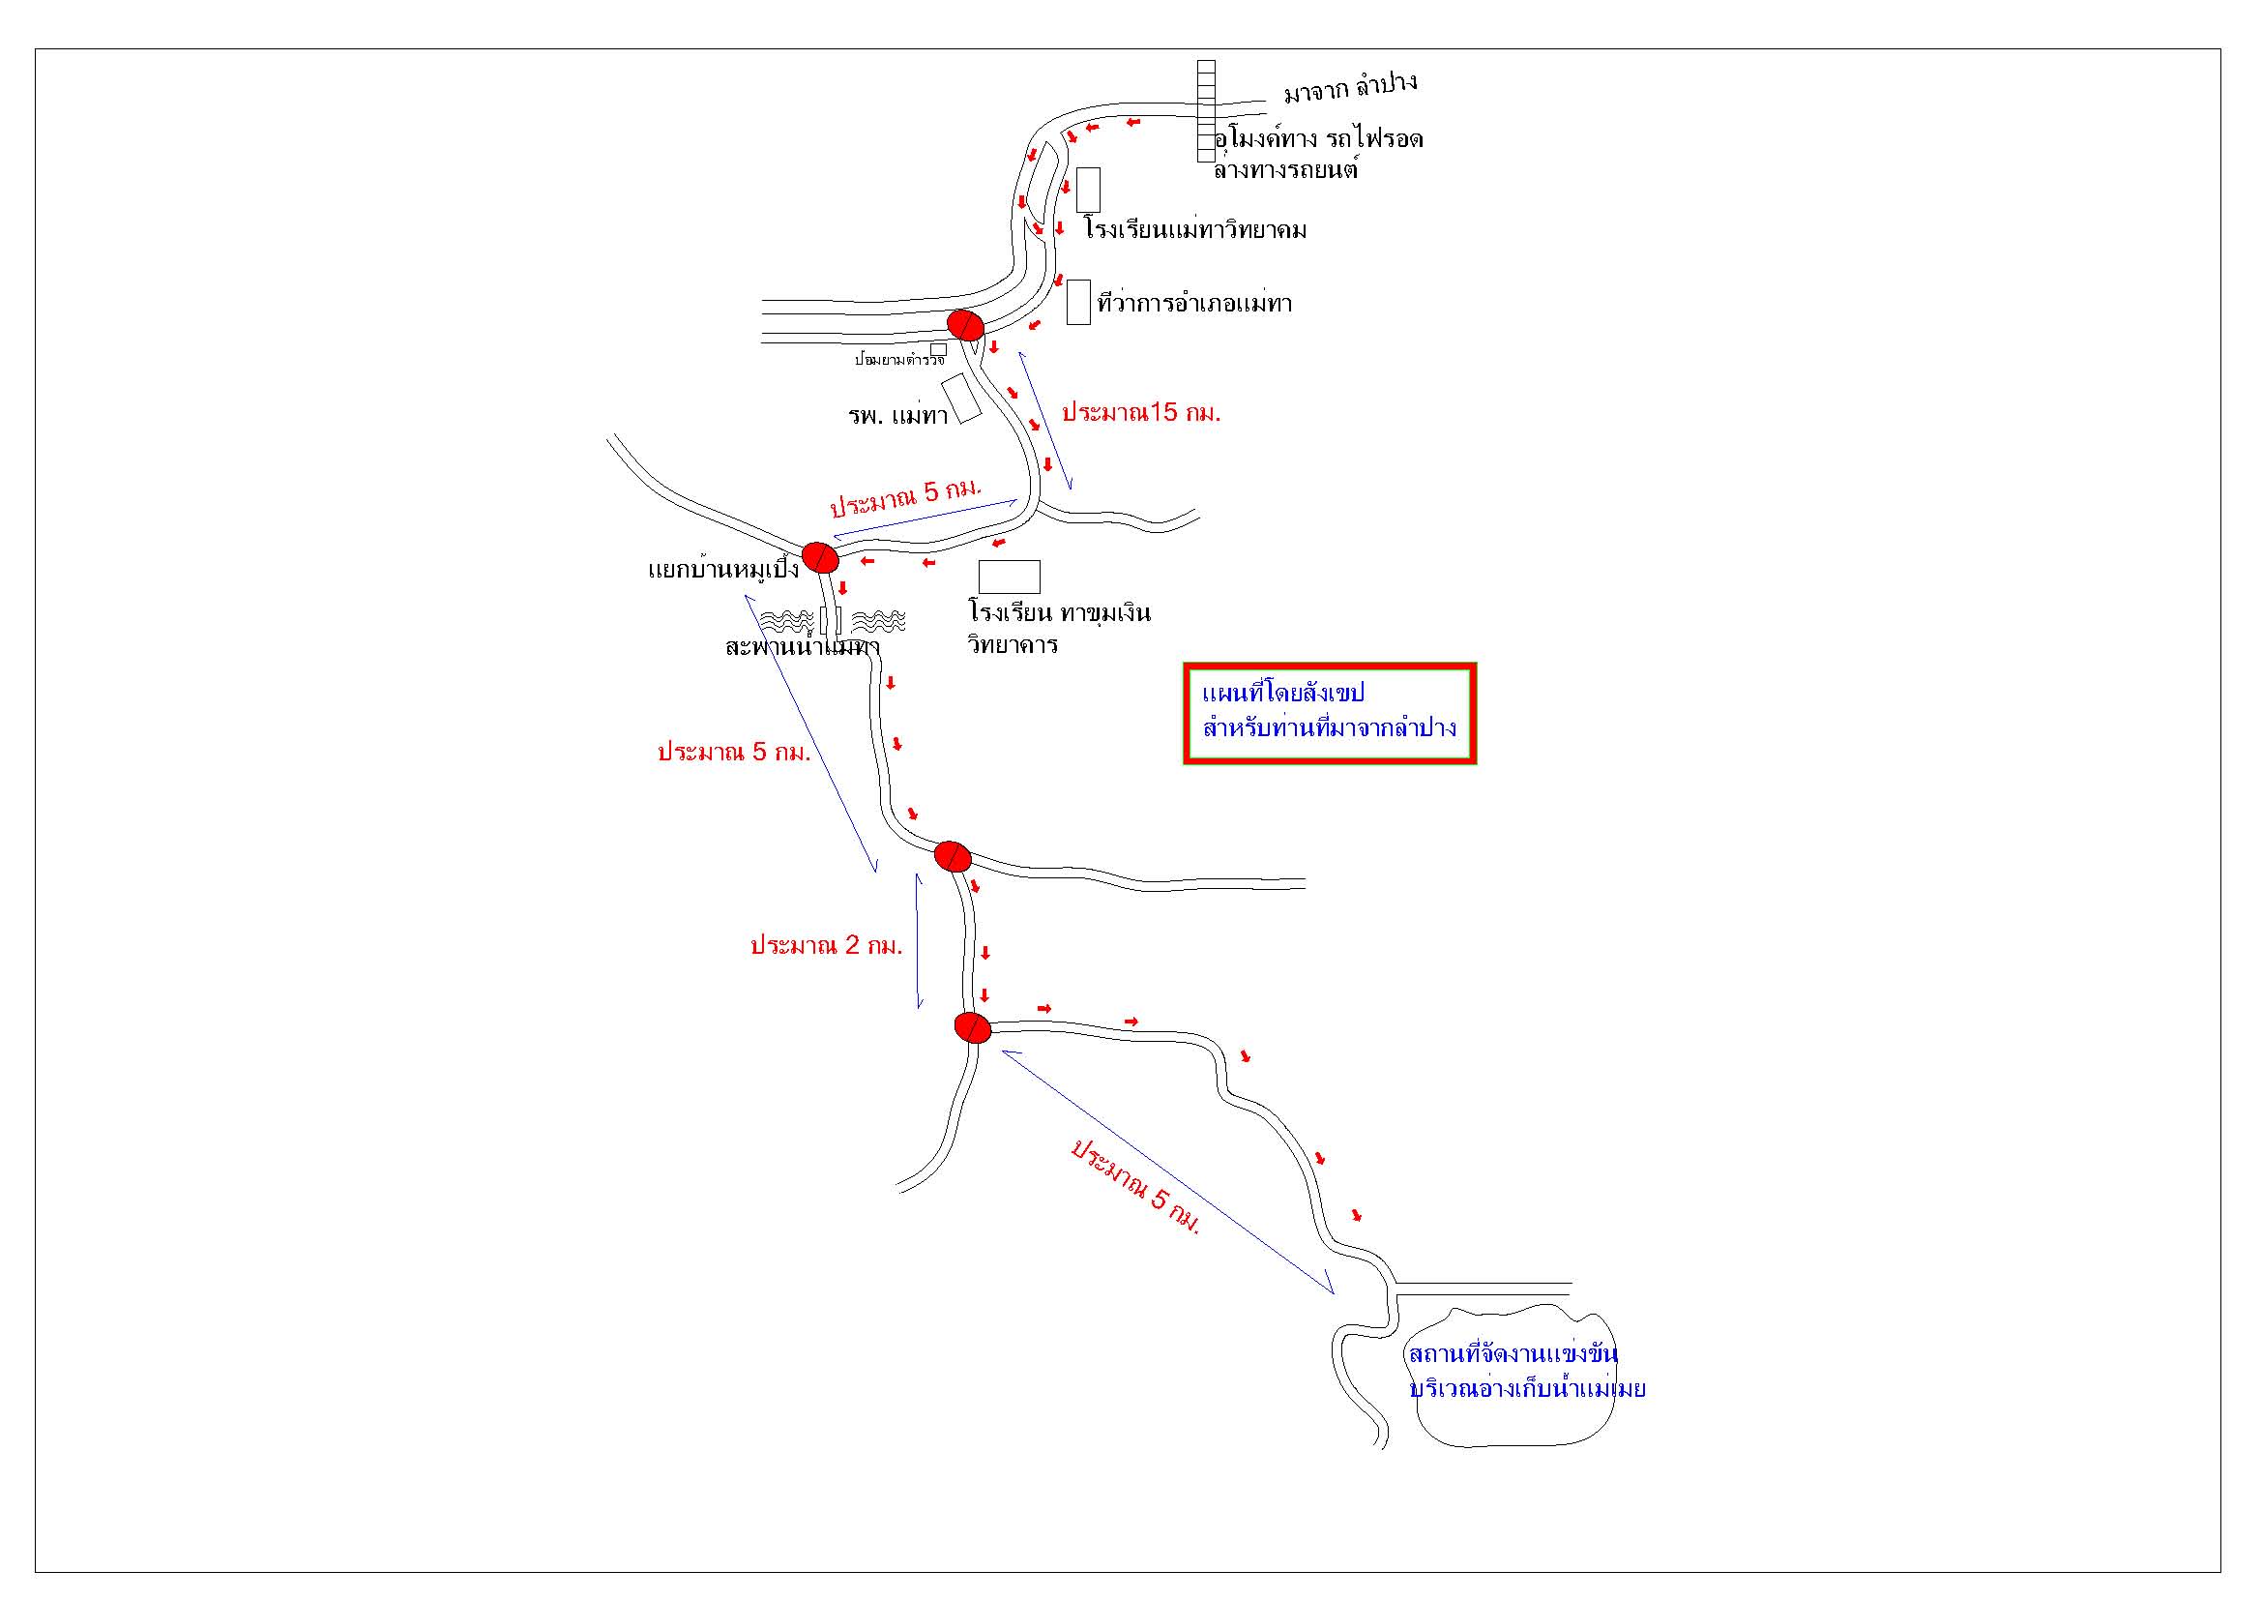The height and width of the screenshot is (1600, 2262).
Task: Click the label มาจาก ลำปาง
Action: (1350, 87)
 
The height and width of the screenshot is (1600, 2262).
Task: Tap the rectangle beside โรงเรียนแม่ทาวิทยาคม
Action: (1088, 190)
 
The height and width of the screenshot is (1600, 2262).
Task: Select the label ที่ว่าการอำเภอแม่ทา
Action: (1194, 304)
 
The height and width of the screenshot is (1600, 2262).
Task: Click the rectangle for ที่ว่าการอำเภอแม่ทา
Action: (1079, 302)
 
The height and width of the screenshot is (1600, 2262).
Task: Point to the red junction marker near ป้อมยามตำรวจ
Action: (964, 324)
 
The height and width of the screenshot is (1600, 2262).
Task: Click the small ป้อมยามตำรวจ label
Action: (897, 361)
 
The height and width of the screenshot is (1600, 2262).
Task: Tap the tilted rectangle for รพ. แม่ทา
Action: (961, 398)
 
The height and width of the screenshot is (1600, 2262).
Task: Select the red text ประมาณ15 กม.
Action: (1141, 413)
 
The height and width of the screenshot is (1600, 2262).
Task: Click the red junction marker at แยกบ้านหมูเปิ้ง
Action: (820, 557)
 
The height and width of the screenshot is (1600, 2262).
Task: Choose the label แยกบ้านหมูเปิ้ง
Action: (723, 571)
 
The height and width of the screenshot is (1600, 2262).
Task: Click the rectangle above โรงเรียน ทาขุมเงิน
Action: (1009, 577)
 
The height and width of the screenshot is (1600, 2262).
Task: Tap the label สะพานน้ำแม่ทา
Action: (801, 647)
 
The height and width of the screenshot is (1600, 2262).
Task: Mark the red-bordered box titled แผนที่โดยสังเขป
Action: (1329, 713)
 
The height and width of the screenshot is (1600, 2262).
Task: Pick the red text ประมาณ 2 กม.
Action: (826, 946)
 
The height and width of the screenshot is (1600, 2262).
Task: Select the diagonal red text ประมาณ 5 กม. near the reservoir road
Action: (1136, 1185)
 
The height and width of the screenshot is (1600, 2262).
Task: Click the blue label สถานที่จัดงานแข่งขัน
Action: (1513, 1353)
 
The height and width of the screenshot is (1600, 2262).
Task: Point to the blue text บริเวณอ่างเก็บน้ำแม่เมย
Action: (1527, 1390)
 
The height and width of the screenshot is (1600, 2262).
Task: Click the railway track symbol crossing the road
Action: (1206, 110)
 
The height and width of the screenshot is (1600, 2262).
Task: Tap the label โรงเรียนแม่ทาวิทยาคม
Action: (1195, 230)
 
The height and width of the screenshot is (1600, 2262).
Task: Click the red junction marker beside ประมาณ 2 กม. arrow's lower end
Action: (972, 1027)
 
